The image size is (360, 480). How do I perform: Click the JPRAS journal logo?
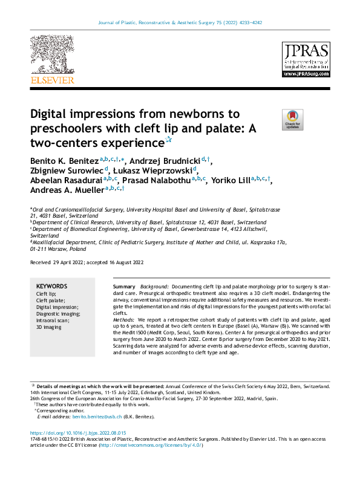coord(306,59)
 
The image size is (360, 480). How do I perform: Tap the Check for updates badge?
coord(292,120)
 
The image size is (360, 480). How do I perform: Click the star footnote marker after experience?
coord(169,140)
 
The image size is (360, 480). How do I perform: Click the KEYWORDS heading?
coord(51,286)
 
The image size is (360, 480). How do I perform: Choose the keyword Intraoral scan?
coord(53,320)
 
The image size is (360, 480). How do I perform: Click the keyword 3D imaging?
coord(49,327)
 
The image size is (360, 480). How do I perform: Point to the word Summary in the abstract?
coord(124,285)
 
